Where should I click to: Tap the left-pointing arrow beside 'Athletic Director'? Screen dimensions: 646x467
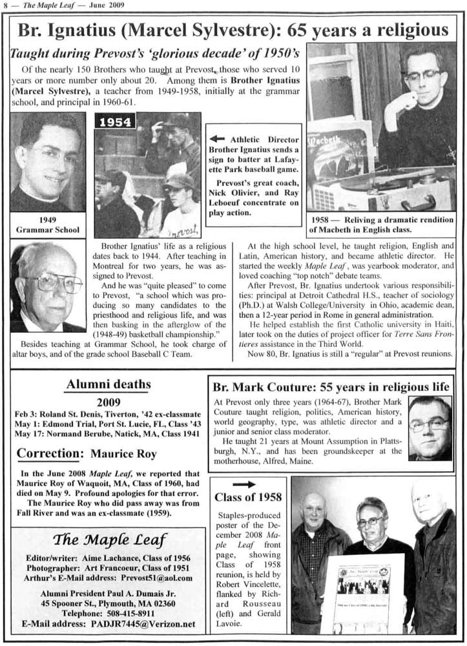(x=218, y=139)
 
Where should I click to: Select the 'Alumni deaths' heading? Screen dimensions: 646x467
(x=109, y=385)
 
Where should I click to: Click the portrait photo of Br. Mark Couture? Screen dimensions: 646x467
(x=429, y=428)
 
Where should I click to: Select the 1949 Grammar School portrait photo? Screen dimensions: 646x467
(x=47, y=163)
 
